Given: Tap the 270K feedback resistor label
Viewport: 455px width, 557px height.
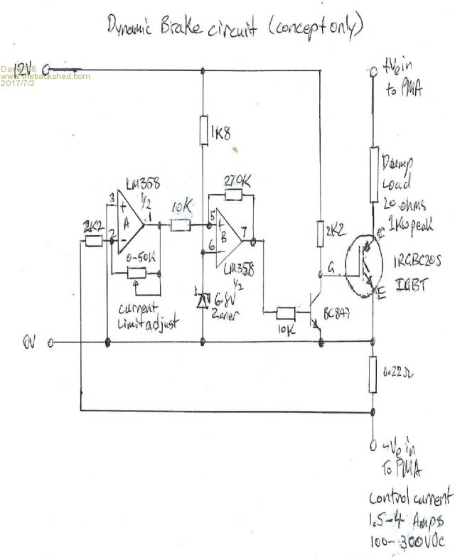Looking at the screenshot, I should (236, 181).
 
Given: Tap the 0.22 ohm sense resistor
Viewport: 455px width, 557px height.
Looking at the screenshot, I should (373, 374).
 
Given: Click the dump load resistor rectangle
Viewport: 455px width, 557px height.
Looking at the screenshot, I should (372, 175).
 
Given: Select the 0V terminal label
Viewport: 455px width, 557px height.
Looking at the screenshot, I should (29, 343).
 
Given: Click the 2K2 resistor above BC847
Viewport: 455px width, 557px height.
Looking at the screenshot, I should (321, 231).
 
